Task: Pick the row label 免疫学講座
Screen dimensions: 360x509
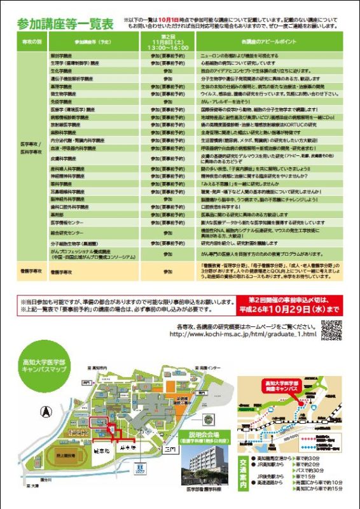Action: pyautogui.click(x=62, y=101)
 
